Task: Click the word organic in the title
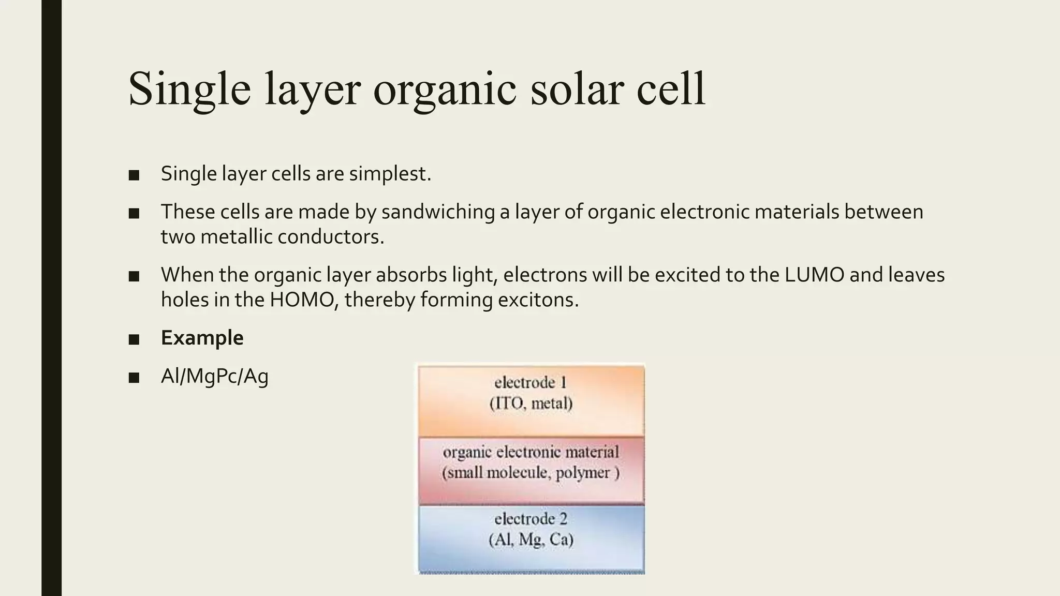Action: (444, 89)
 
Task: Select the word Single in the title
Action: (189, 89)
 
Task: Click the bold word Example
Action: (202, 338)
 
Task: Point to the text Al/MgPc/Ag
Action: (214, 376)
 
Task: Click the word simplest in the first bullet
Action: (389, 173)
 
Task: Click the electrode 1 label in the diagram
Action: (531, 382)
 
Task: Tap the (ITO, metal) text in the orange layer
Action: (531, 403)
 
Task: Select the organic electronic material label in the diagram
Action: (531, 452)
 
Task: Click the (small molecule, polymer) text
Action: (531, 472)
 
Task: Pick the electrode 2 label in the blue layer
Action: (531, 519)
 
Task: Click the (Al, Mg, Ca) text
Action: (531, 540)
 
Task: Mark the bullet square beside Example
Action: (134, 339)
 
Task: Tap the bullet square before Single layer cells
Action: (134, 175)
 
